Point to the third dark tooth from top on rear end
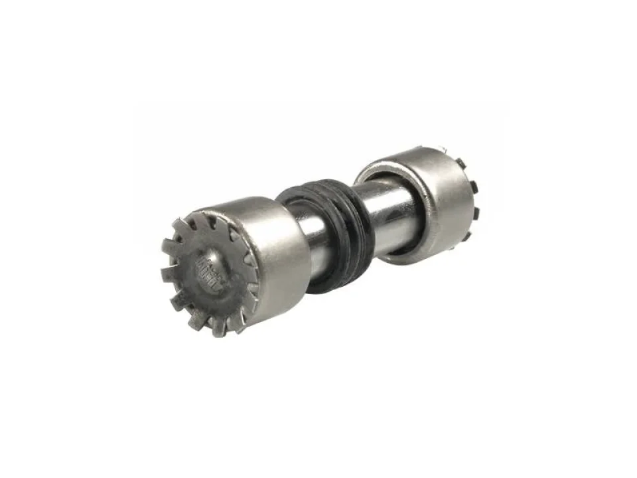476,212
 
